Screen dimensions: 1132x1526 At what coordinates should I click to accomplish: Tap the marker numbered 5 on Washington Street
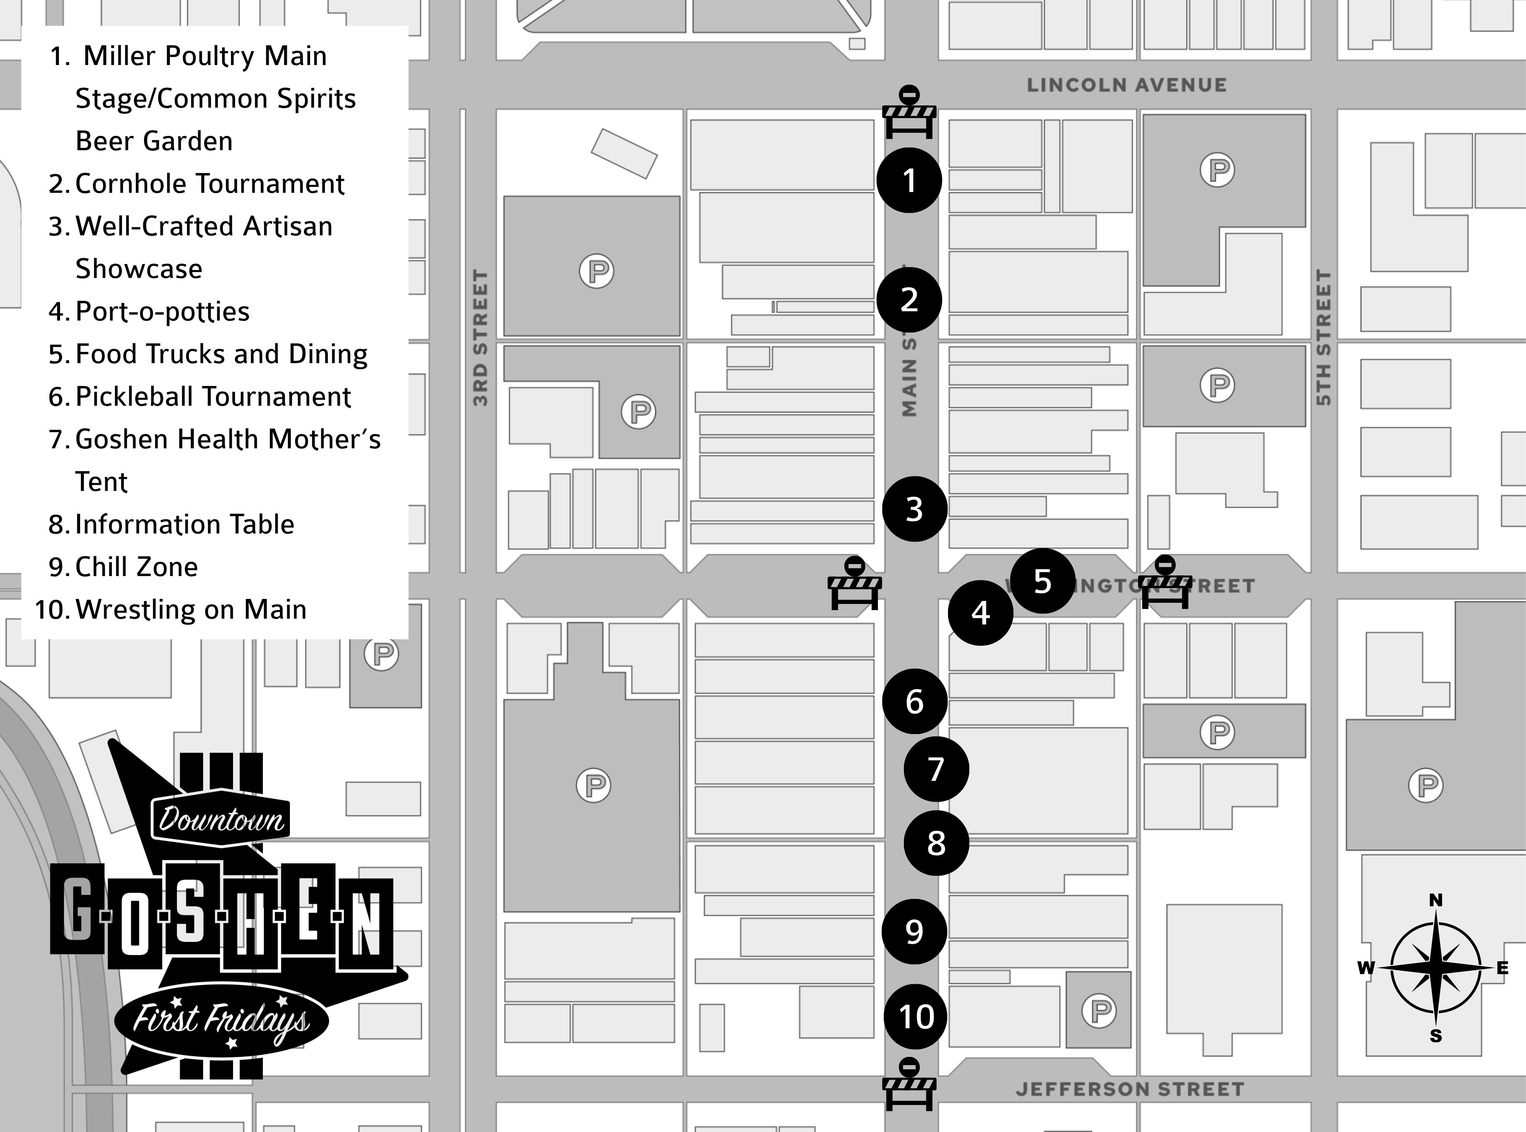[1042, 581]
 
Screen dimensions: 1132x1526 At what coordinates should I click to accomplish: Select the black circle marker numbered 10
[916, 1016]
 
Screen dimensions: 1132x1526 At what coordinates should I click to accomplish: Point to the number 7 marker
[936, 769]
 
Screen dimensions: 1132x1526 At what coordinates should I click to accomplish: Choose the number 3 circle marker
[914, 509]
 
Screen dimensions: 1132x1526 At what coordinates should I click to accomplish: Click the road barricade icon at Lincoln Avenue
[909, 113]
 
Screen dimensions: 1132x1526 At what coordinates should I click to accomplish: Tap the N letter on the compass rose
[1435, 900]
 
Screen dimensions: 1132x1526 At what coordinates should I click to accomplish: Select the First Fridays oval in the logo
[221, 1019]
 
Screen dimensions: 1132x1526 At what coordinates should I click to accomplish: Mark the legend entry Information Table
[183, 524]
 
